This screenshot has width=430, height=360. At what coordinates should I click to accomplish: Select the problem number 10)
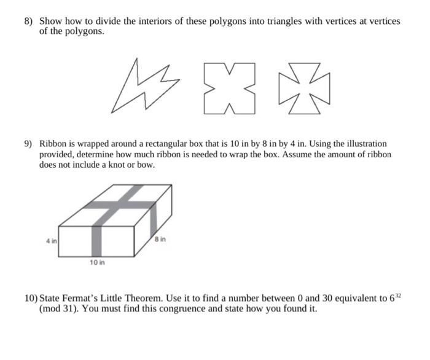click(x=31, y=298)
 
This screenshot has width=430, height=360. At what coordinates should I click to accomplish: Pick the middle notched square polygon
click(x=229, y=88)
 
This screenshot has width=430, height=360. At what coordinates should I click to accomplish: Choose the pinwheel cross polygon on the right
click(x=304, y=88)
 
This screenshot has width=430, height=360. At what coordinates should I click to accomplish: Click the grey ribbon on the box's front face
click(x=97, y=241)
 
